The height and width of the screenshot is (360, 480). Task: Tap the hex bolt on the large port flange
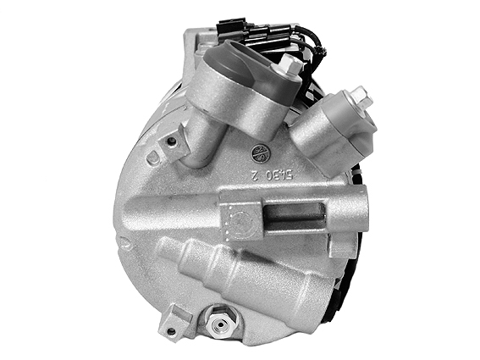point(290,64)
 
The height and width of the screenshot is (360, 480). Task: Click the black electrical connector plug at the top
point(229,25)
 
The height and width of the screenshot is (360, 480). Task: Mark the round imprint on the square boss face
point(240,223)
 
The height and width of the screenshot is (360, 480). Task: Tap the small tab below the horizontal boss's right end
point(339,248)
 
